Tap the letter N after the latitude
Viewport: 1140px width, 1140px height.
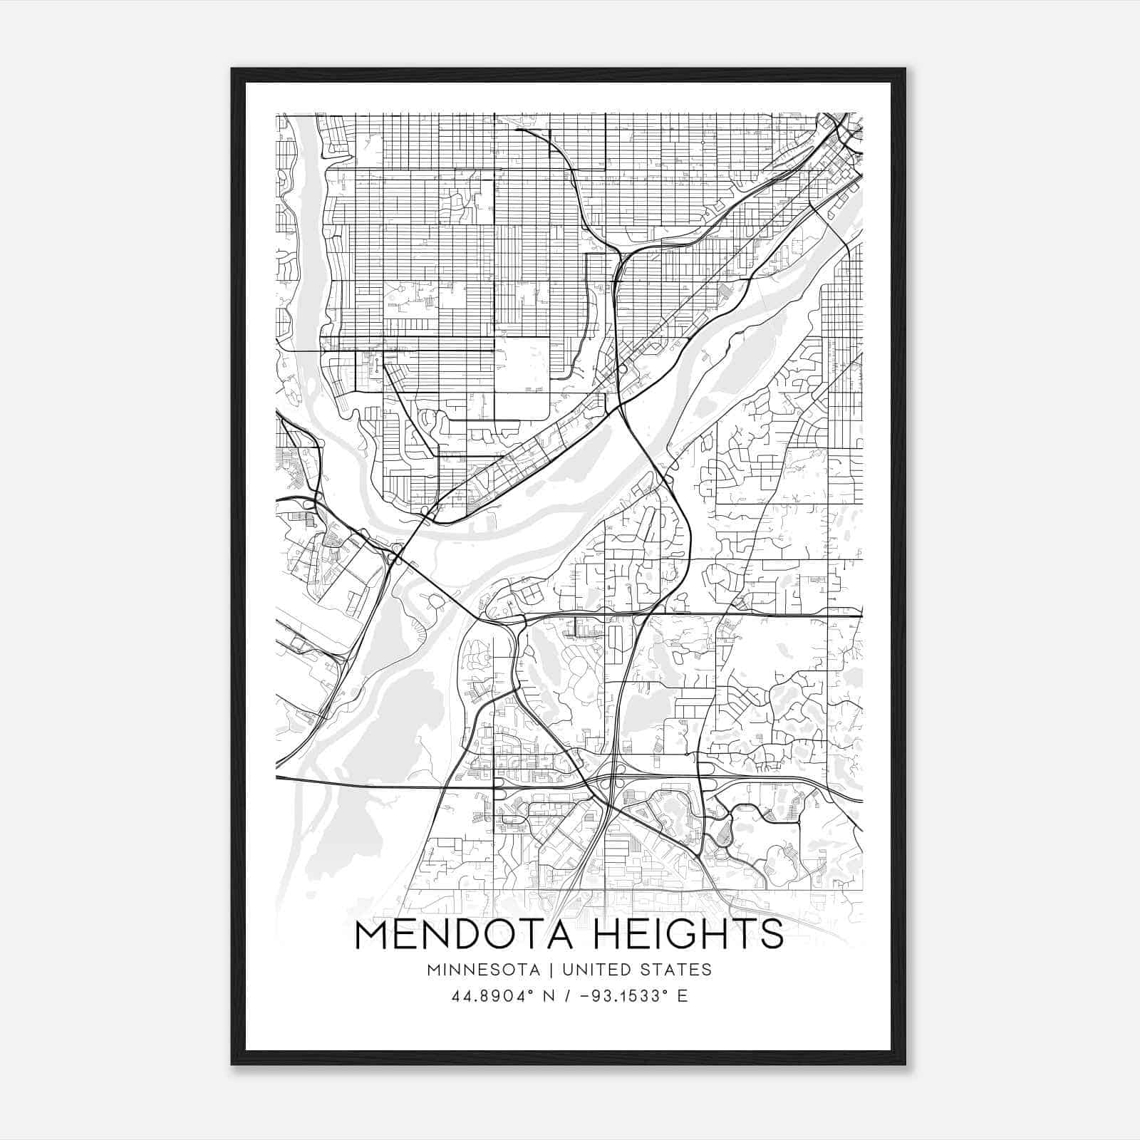(550, 996)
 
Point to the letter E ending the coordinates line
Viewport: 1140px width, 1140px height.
(683, 996)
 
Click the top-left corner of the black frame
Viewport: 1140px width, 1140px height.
(232, 69)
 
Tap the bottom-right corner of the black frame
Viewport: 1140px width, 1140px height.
(905, 1064)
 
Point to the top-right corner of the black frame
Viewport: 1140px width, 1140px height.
(905, 69)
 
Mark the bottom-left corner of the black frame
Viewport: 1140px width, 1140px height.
(232, 1064)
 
